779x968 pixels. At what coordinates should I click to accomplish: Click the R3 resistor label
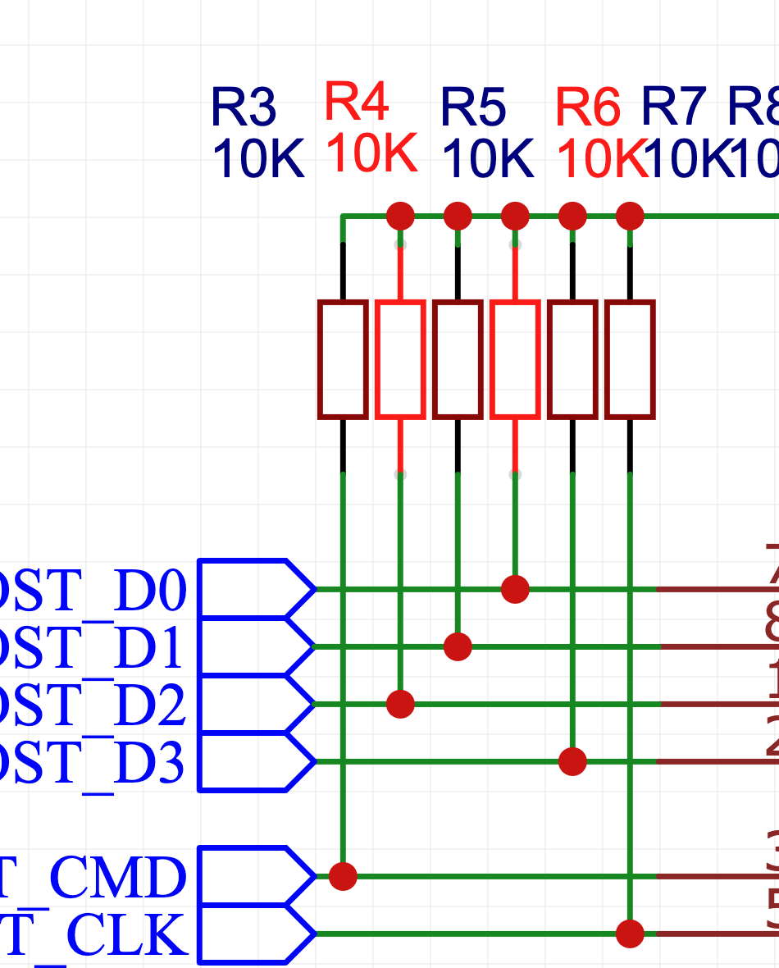pos(244,107)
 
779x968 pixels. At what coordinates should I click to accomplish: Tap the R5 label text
pos(473,107)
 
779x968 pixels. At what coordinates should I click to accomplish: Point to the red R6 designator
pos(587,107)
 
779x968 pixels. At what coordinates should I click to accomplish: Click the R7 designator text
pos(672,107)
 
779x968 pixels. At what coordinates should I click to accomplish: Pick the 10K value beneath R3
pos(257,159)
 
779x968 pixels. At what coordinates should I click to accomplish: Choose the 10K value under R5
pos(487,159)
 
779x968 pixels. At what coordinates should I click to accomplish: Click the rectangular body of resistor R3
pos(343,359)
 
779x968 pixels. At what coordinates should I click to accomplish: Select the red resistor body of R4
pos(400,359)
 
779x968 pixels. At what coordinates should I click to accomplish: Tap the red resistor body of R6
pos(515,359)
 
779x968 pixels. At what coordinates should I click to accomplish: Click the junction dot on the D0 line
pos(515,589)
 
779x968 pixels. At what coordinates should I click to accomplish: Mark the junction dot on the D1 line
pos(458,646)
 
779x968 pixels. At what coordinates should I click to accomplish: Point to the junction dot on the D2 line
pos(400,704)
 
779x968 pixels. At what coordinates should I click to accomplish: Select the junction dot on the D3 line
pos(572,761)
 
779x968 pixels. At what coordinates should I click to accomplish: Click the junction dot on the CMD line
pos(343,876)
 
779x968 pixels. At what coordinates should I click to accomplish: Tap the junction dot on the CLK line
pos(630,934)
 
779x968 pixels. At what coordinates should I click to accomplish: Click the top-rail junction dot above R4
pos(400,217)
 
